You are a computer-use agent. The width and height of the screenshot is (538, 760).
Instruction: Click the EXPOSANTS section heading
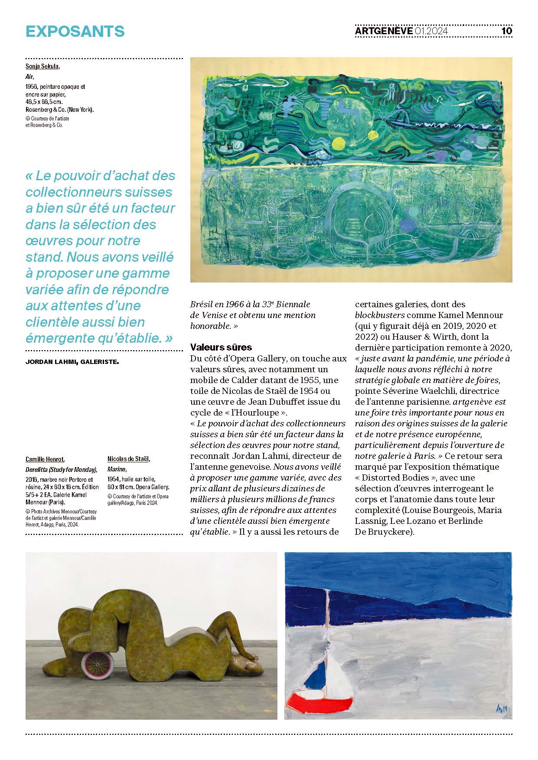[x=75, y=31]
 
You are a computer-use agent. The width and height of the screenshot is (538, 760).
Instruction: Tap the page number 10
[x=506, y=31]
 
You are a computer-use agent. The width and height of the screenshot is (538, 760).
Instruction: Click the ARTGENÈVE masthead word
[x=383, y=31]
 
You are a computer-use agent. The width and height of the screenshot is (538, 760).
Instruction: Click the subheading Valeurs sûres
[x=221, y=348]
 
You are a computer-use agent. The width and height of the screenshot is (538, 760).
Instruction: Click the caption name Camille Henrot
[x=45, y=459]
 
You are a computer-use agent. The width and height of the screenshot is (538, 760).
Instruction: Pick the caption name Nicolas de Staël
[x=129, y=459]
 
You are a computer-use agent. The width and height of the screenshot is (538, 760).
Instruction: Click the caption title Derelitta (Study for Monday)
[x=61, y=470]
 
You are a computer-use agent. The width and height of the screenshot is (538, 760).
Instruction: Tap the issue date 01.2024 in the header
[x=431, y=31]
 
